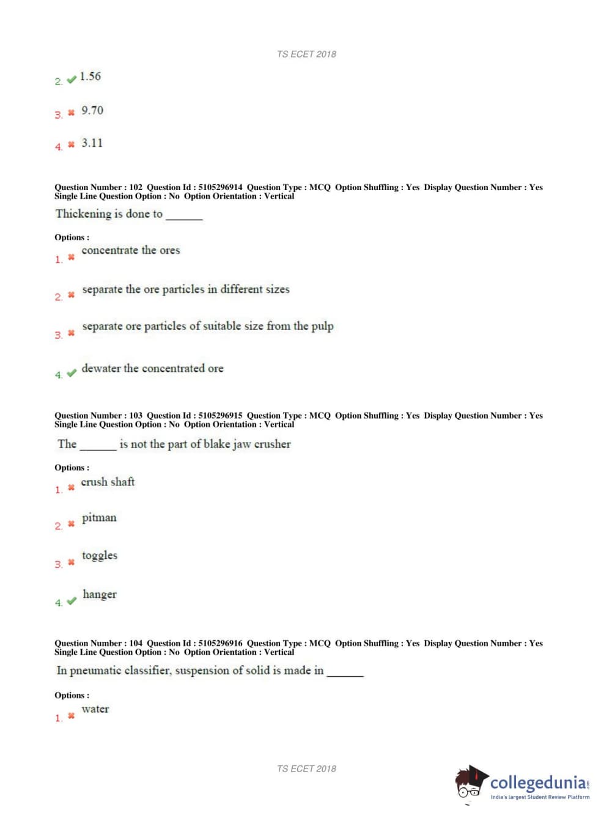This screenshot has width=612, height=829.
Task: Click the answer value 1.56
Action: (90, 76)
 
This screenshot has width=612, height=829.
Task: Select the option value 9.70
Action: (92, 111)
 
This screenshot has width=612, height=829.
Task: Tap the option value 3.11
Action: (92, 143)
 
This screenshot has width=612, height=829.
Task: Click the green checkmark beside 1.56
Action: (72, 79)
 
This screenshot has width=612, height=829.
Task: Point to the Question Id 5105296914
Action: (220, 187)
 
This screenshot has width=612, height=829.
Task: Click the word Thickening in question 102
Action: (83, 214)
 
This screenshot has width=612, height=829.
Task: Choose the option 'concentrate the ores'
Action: (131, 250)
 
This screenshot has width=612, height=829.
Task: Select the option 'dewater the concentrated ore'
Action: (153, 368)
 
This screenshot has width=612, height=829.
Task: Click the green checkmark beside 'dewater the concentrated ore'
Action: (72, 373)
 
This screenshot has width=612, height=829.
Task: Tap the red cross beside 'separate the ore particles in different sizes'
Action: (71, 295)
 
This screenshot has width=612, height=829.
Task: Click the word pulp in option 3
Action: (322, 326)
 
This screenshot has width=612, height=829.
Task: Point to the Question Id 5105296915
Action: (220, 415)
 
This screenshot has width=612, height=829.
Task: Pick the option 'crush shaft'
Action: (108, 482)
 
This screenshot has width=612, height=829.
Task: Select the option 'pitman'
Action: (99, 518)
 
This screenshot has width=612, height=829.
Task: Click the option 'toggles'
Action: (100, 556)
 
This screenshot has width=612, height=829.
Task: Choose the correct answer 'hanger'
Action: (100, 594)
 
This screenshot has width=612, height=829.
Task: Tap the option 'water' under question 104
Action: (95, 709)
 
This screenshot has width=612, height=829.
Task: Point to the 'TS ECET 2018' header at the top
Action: (306, 54)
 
